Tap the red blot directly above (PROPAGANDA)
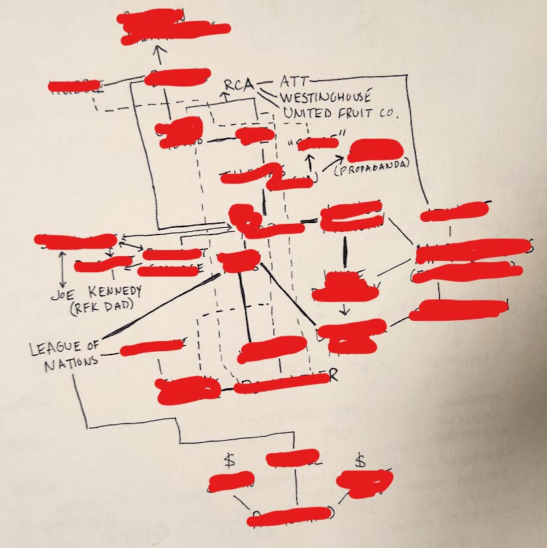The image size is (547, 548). tap(373, 150)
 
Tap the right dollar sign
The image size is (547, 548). tap(360, 460)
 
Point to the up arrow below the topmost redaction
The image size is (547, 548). tap(159, 54)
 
